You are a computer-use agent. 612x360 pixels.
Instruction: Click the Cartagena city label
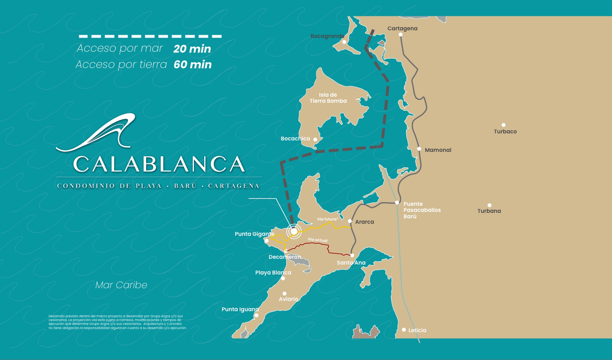coord(402,28)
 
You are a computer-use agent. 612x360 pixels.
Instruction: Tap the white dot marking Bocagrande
coord(344,42)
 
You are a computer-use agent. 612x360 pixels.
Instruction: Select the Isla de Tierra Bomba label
coord(328,98)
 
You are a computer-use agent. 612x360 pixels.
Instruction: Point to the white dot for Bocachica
coord(315,139)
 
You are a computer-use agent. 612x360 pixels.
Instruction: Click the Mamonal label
coord(438,150)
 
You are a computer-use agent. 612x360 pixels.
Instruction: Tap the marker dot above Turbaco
coord(504,125)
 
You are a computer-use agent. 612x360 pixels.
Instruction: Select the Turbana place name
coord(489,211)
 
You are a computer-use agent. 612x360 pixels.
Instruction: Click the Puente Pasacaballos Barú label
coord(422,210)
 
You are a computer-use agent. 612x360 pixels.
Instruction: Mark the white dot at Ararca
coord(350,221)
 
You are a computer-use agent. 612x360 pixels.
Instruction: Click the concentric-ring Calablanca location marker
coord(294,231)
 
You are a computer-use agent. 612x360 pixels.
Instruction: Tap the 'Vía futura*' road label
coord(327,219)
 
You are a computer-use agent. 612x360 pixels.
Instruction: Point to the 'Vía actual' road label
coord(317,240)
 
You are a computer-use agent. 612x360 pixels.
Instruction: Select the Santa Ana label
coord(351,263)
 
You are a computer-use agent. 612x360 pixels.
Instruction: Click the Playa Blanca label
coord(273,273)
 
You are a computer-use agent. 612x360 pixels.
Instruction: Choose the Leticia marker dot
coord(404,330)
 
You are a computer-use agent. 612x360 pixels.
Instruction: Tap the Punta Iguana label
coord(240,309)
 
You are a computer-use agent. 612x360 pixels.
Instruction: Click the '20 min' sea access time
coord(192,49)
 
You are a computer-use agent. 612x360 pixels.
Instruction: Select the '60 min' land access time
coord(192,64)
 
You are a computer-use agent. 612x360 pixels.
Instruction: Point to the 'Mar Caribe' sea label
coord(121,285)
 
